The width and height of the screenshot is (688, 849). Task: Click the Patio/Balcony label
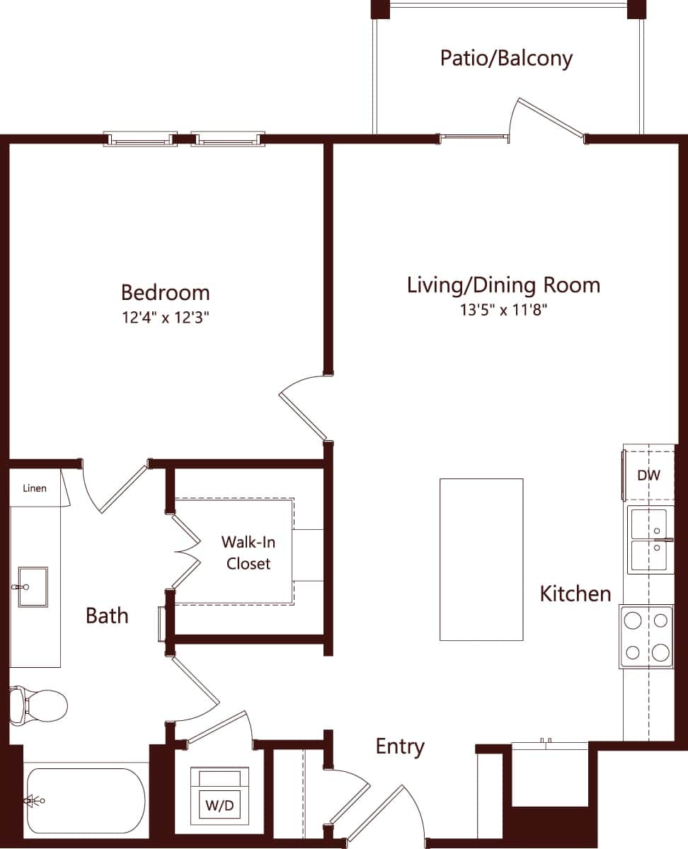[505, 58]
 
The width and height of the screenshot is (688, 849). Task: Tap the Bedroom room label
[165, 292]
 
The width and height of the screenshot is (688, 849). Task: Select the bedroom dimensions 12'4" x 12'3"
[165, 318]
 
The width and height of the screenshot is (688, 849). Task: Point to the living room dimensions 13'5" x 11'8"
[503, 310]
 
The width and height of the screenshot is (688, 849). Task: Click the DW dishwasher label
[648, 475]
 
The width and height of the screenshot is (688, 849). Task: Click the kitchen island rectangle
[481, 560]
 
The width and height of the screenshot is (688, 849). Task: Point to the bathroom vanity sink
[33, 587]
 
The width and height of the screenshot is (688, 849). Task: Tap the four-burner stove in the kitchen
[647, 637]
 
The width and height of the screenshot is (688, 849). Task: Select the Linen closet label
[35, 488]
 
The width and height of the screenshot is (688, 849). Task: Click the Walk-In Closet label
[248, 553]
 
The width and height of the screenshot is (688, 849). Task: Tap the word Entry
[400, 747]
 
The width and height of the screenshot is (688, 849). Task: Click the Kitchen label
[575, 594]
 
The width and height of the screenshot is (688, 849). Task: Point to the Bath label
[107, 616]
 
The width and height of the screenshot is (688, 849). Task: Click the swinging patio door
[551, 117]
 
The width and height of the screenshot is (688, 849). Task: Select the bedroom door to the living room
[303, 410]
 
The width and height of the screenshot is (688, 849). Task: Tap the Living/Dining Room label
[503, 285]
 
